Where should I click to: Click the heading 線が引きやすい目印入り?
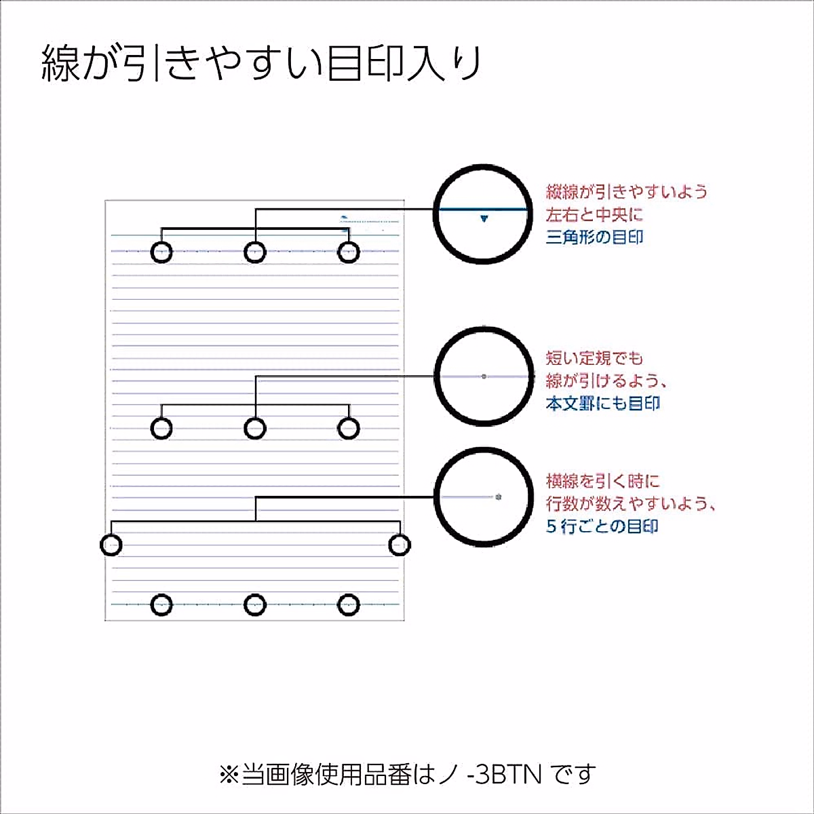(261, 64)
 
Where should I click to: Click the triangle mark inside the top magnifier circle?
(484, 218)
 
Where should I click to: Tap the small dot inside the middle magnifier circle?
(484, 376)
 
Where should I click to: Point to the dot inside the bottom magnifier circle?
(499, 497)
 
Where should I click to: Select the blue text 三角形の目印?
(594, 237)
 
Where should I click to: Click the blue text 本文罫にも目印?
(602, 403)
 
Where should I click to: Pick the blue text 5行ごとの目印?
(602, 526)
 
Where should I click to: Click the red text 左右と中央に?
(594, 215)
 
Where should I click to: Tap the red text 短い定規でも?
(594, 358)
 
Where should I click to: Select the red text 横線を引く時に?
(602, 482)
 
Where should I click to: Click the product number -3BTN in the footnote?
(505, 774)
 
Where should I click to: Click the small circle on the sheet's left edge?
(111, 544)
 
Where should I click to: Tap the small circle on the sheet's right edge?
(400, 544)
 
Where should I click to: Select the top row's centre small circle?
(255, 252)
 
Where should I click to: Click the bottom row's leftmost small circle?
(161, 604)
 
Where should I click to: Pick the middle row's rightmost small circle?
(348, 428)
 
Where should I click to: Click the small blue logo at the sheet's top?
(345, 218)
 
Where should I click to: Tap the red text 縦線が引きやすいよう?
(626, 192)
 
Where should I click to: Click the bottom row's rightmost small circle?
(348, 604)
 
